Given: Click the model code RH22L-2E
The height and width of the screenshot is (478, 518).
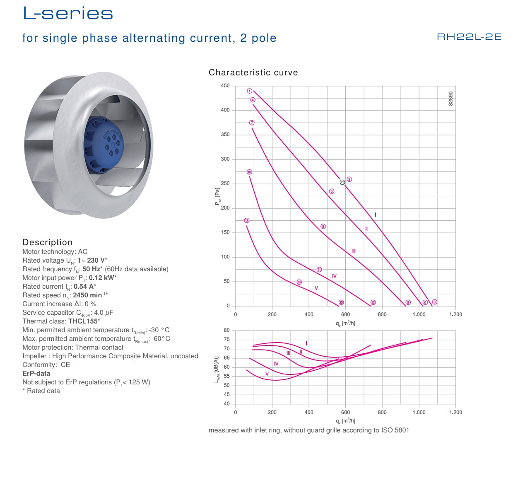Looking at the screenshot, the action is [469, 36].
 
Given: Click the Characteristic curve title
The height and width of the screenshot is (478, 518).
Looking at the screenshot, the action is [253, 72].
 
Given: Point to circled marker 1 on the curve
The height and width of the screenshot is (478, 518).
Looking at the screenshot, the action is [250, 91].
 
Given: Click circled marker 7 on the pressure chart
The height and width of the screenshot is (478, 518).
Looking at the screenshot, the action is [252, 123].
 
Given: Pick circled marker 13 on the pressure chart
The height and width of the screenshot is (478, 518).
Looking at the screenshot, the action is [247, 220].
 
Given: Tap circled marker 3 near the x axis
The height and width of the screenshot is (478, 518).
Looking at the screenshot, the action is [434, 302].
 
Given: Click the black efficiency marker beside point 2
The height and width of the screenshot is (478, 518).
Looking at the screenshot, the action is [342, 182].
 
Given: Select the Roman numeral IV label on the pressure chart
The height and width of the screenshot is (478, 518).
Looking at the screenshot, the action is [334, 276].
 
